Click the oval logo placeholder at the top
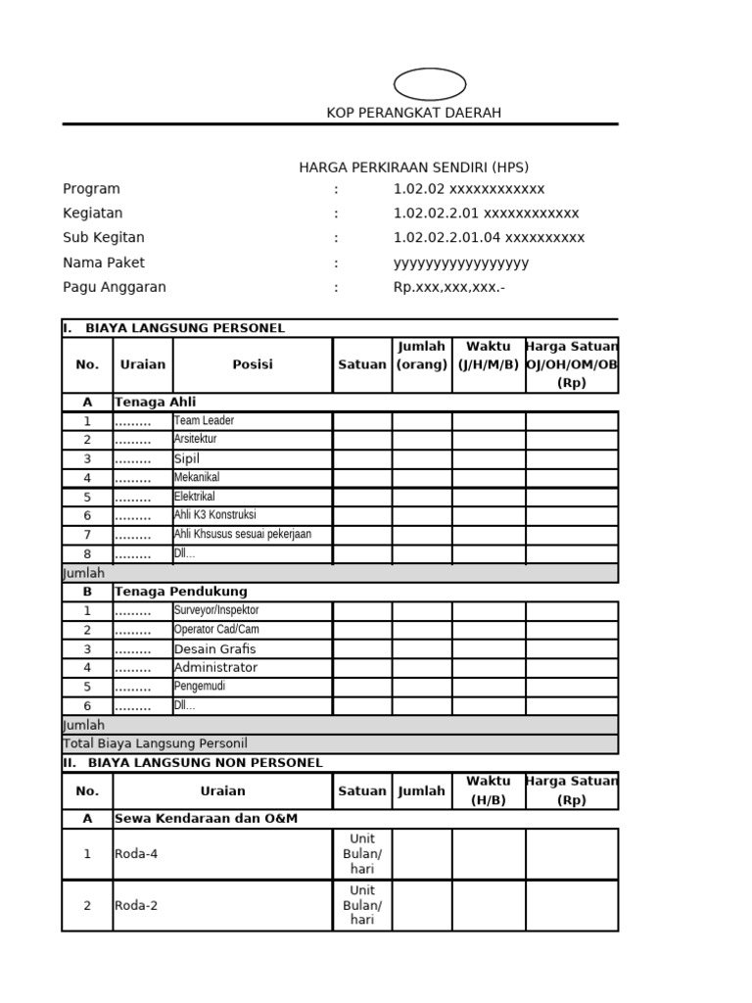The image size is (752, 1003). (x=429, y=84)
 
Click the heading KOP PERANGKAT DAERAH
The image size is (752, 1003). (x=413, y=113)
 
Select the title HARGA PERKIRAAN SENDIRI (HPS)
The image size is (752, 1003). (x=413, y=167)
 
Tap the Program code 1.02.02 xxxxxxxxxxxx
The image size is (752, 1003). (x=468, y=189)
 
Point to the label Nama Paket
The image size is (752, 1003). (x=104, y=263)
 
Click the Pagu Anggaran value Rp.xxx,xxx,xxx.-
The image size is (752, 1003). (x=448, y=287)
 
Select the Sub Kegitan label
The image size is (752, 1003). (x=103, y=237)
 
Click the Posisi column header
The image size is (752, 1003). (x=253, y=364)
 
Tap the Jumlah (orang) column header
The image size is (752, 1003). (x=421, y=356)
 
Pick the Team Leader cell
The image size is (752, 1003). (x=205, y=420)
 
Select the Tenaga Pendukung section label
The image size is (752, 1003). (x=180, y=592)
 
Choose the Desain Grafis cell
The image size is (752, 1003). (x=215, y=648)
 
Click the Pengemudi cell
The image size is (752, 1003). (x=200, y=687)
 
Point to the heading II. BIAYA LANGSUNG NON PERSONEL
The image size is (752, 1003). (x=192, y=762)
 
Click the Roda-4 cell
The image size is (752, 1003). (x=136, y=854)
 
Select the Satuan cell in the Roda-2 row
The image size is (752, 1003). (x=362, y=905)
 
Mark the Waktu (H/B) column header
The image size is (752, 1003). (x=488, y=790)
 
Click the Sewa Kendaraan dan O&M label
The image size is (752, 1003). (x=206, y=818)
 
